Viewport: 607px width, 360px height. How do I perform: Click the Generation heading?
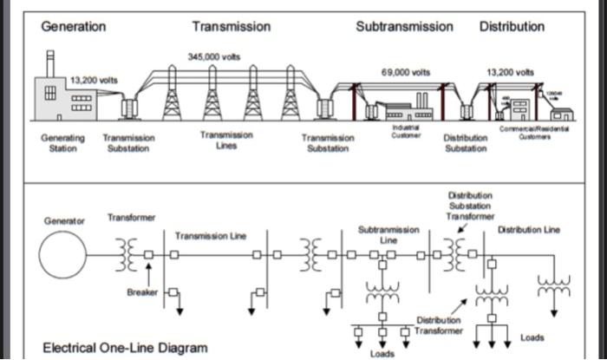coord(74,26)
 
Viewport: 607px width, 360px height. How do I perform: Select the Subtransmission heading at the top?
coord(404,26)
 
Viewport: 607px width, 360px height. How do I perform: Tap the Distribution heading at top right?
coord(512,26)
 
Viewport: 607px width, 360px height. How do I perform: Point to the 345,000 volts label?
coord(213,56)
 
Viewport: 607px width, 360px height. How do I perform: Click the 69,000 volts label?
coord(405,71)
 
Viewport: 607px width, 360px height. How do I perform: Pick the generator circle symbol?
coord(62,255)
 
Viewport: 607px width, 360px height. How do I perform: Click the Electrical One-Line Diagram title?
coord(125,348)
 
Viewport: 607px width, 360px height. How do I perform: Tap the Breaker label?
coord(142,291)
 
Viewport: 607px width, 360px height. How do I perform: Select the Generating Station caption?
coord(63,142)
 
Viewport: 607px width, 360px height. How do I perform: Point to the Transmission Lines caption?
coord(226,140)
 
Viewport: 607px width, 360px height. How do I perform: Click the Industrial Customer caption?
coord(405,132)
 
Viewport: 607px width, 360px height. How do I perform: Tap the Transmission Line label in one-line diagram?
coord(211,236)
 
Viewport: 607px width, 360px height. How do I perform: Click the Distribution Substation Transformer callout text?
coord(470,206)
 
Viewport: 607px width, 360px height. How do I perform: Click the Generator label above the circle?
coord(64,221)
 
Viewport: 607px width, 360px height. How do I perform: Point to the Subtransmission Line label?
coord(388,234)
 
